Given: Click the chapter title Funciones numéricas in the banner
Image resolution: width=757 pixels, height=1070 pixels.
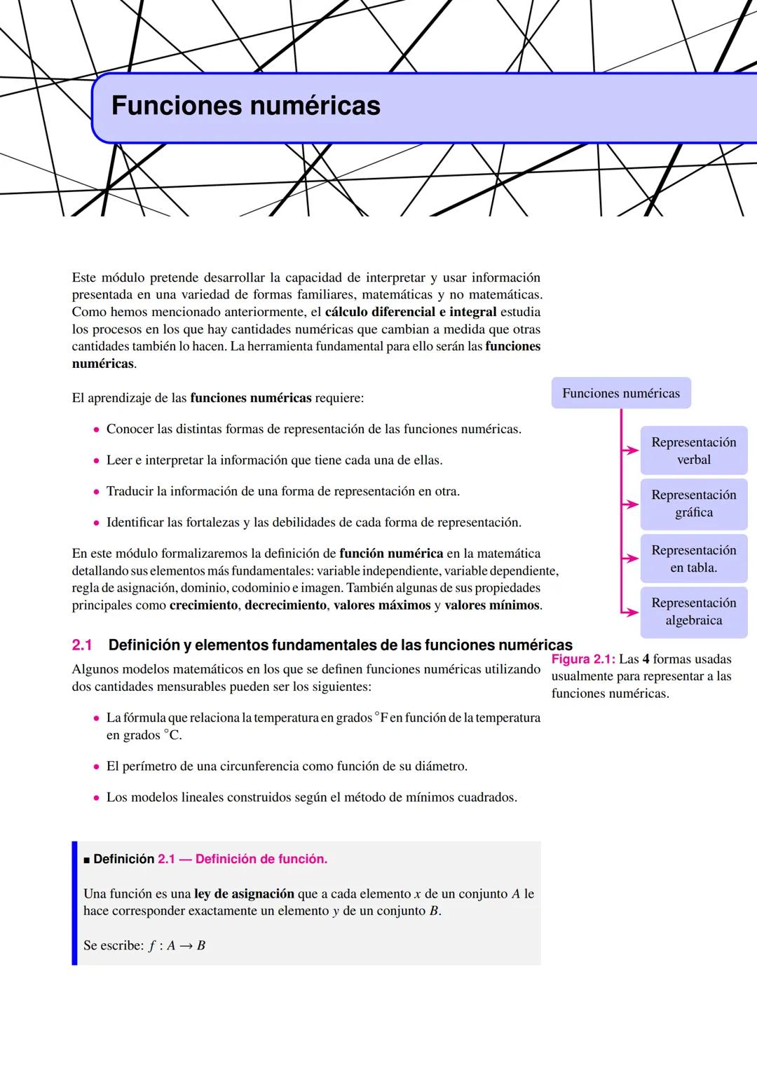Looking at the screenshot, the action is [x=245, y=107].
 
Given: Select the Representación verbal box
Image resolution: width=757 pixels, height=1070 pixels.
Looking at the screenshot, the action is [x=693, y=451].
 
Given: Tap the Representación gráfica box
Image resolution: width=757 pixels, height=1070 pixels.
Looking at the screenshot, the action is [x=693, y=503].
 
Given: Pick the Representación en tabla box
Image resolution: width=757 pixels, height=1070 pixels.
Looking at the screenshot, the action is [x=693, y=558].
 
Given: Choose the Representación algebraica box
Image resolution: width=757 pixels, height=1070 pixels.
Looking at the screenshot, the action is [x=693, y=611].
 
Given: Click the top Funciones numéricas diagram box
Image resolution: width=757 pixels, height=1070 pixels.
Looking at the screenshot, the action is [x=621, y=393].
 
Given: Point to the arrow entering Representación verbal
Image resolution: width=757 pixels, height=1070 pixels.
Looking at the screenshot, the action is [x=630, y=451].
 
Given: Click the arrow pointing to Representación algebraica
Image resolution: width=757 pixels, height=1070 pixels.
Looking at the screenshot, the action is [x=630, y=612].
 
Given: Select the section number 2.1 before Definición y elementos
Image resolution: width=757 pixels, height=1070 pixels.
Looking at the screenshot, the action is [x=82, y=645].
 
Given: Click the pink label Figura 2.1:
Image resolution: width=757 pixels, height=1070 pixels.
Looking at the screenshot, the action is [x=583, y=659].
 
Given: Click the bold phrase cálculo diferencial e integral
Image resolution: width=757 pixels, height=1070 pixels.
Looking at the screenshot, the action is [x=411, y=312].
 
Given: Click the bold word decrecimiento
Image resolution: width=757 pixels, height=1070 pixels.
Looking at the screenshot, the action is [x=285, y=605].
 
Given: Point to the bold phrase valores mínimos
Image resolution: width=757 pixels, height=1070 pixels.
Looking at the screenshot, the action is [x=492, y=605].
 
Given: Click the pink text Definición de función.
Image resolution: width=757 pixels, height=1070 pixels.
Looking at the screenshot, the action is [x=261, y=859].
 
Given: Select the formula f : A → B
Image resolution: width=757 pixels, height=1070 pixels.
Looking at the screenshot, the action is [x=177, y=945].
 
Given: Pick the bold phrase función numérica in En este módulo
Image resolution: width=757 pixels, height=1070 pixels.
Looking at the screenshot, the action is [x=391, y=554].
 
